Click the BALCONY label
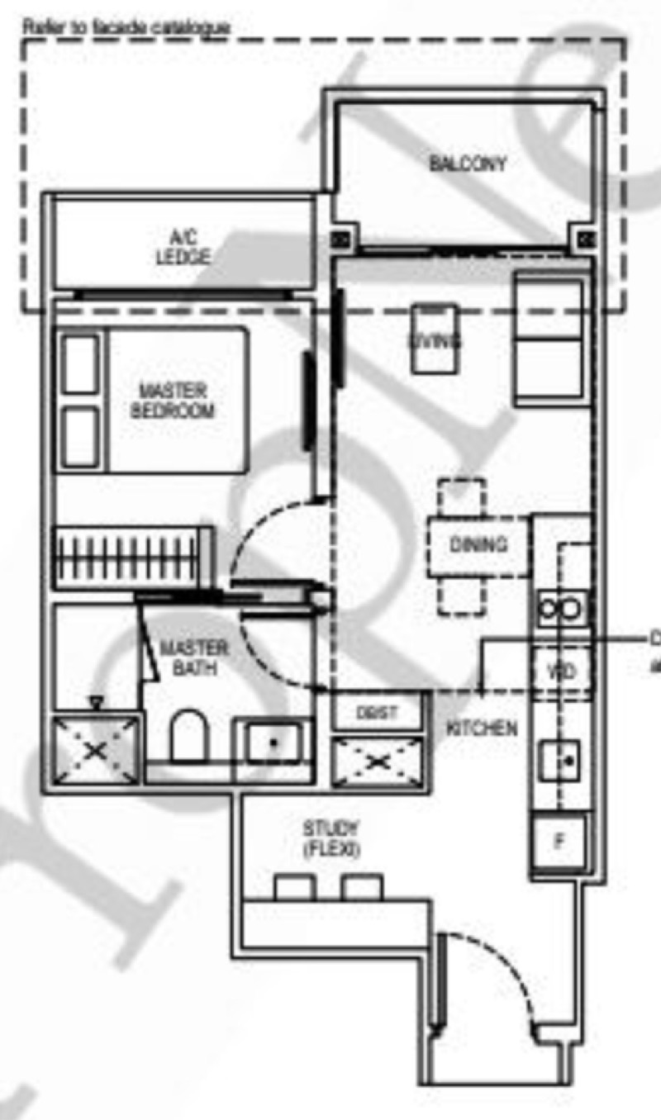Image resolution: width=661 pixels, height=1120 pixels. click(468, 164)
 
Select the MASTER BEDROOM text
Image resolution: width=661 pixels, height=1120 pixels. click(173, 400)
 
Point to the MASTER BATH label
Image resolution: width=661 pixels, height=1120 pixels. click(195, 657)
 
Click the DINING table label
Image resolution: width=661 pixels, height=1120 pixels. click(478, 545)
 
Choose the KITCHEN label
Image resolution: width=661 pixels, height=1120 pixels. click(483, 728)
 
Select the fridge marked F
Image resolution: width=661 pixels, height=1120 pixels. click(560, 842)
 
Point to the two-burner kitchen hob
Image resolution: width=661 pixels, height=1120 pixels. click(562, 610)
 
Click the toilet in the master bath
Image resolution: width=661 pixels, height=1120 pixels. click(188, 735)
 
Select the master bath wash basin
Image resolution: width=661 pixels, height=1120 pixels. click(272, 742)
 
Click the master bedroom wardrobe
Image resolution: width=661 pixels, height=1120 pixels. click(128, 558)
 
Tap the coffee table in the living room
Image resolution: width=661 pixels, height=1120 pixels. click(435, 339)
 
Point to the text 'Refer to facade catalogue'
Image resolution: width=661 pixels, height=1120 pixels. click(126, 26)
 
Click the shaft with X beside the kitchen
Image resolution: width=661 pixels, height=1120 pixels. click(378, 762)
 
